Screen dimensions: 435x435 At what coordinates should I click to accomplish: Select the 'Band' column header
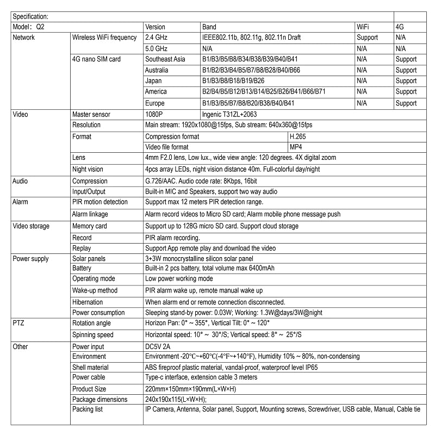[x=209, y=27]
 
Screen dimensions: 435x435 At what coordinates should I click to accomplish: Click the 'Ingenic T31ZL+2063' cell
[x=229, y=115]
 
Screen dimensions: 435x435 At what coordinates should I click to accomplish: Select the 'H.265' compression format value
[x=299, y=136]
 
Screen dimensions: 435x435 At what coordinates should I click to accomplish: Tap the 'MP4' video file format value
[x=296, y=147]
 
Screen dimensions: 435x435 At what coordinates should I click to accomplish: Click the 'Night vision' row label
[x=88, y=170]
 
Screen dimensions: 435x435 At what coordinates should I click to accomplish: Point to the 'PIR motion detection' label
[x=100, y=202]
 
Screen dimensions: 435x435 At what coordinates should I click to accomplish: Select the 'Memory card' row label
[x=90, y=226]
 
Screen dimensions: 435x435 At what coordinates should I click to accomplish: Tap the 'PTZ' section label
[x=18, y=324]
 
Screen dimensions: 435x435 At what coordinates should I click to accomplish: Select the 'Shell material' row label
[x=91, y=367]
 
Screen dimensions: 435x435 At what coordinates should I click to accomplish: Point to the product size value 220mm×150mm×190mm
[x=190, y=389]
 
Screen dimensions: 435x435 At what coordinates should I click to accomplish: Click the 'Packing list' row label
[x=88, y=409]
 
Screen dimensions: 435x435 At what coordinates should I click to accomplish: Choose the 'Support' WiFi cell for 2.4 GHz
[x=367, y=38]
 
